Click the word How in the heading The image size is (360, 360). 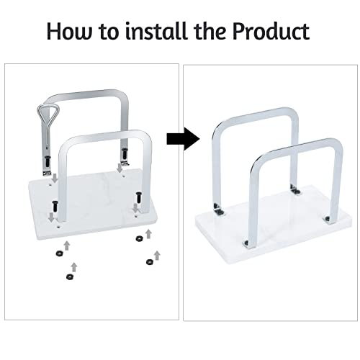click(70, 31)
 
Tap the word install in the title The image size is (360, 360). click(156, 31)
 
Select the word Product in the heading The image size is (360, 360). click(271, 31)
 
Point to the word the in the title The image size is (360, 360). click(210, 31)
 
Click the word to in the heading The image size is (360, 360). click(109, 32)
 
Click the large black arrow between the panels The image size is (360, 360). click(184, 139)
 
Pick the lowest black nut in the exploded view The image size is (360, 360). click(70, 276)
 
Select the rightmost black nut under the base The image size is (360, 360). click(150, 261)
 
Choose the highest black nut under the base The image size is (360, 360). click(139, 238)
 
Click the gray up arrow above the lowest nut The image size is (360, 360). click(74, 267)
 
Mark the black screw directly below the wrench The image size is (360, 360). click(48, 161)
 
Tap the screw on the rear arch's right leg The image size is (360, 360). click(125, 153)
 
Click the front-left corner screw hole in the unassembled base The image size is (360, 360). click(58, 226)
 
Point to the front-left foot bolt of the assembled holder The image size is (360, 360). click(246, 243)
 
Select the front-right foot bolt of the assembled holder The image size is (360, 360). click(327, 219)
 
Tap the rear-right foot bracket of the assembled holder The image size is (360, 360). click(295, 189)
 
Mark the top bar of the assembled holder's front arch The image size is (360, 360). click(297, 147)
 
